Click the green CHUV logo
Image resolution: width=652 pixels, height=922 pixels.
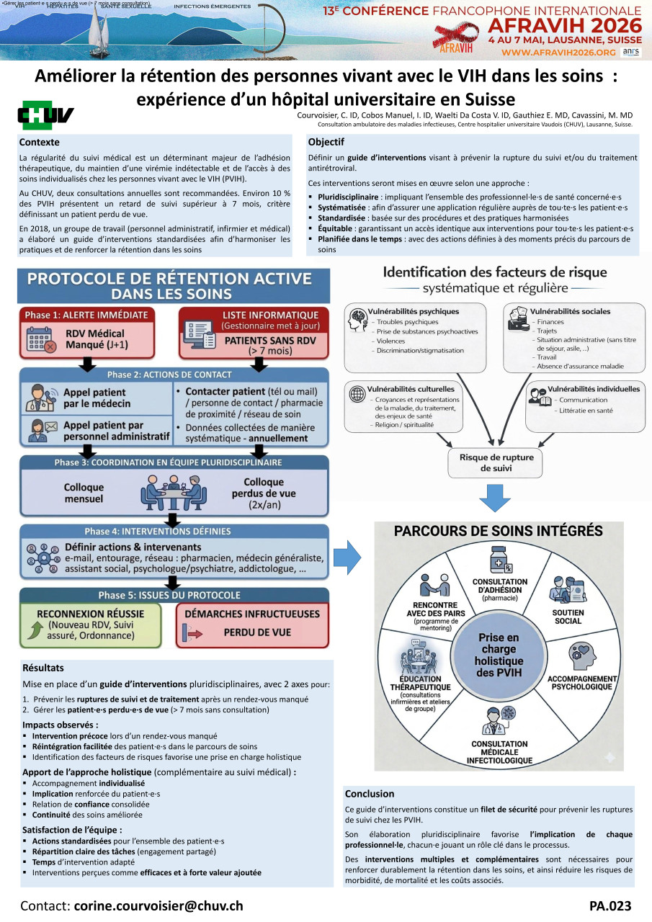pyautogui.click(x=45, y=115)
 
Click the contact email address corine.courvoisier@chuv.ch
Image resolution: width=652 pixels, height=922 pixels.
pyautogui.click(x=158, y=905)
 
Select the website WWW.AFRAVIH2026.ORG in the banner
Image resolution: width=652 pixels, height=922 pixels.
pyautogui.click(x=559, y=53)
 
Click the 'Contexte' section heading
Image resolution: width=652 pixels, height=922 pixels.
pyautogui.click(x=39, y=143)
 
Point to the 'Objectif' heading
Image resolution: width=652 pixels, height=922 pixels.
pyautogui.click(x=326, y=142)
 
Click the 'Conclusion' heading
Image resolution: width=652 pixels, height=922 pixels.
pyautogui.click(x=370, y=794)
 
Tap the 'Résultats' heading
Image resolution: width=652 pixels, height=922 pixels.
pyautogui.click(x=43, y=668)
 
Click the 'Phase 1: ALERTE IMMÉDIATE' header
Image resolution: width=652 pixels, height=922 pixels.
pyautogui.click(x=86, y=315)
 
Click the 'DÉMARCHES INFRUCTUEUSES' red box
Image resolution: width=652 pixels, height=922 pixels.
pyautogui.click(x=251, y=624)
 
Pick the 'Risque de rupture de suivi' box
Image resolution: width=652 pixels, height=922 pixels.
pyautogui.click(x=494, y=462)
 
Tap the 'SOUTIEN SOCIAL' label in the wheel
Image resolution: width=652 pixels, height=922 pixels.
pyautogui.click(x=568, y=617)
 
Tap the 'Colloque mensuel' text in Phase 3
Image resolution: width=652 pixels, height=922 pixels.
pyautogui.click(x=84, y=493)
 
